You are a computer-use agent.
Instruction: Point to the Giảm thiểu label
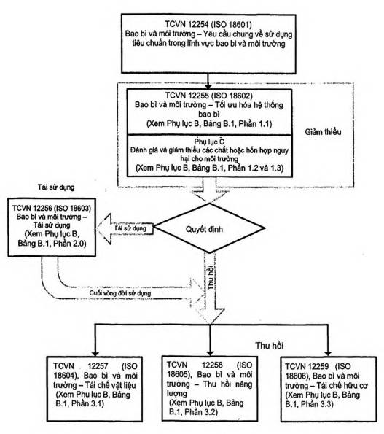[x=323, y=132]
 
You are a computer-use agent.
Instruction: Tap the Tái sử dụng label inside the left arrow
[x=130, y=228]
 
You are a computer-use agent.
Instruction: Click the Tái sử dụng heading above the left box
[x=56, y=187]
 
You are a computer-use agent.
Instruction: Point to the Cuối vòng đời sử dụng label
[x=120, y=293]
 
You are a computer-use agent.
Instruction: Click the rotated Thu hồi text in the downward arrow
[x=211, y=278]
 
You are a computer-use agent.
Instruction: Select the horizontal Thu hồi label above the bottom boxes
[x=270, y=346]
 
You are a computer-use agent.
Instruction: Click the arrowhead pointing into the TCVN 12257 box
[x=95, y=354]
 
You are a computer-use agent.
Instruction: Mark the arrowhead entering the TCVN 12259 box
[x=328, y=354]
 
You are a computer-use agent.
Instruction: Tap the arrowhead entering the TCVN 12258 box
[x=210, y=354]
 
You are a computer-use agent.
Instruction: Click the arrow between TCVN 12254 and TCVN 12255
[x=208, y=81]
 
